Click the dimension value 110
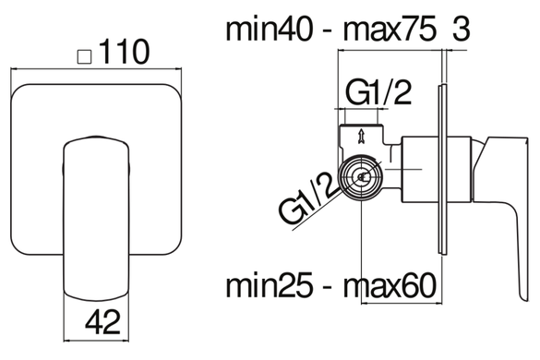(x=126, y=52)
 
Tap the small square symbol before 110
(x=84, y=57)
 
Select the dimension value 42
(x=103, y=322)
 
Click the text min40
(x=270, y=30)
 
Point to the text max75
(x=390, y=30)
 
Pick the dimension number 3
(x=461, y=30)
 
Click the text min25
(x=270, y=285)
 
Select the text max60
(x=390, y=285)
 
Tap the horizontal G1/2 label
(x=378, y=92)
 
